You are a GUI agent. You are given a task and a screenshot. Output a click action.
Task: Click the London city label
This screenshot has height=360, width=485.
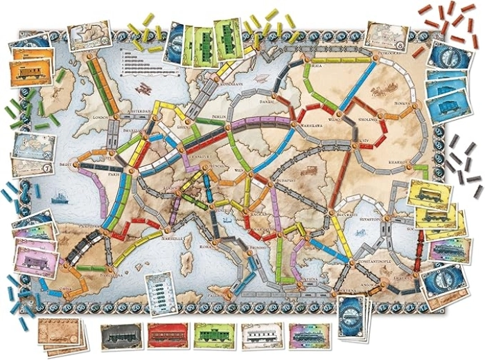click(x=103, y=118)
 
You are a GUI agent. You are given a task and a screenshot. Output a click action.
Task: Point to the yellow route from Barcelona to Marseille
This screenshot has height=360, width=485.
click(x=135, y=253)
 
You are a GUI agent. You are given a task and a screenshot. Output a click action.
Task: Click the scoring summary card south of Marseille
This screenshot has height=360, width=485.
click(x=157, y=294)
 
